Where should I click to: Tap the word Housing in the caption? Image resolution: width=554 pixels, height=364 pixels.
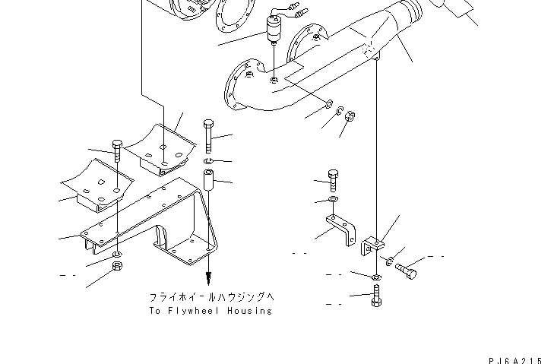[250, 311]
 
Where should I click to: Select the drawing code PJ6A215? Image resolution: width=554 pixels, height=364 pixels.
[515, 361]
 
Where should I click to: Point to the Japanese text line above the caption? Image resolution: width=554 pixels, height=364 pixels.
[211, 297]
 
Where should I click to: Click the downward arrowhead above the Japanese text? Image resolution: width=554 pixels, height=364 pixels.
[209, 278]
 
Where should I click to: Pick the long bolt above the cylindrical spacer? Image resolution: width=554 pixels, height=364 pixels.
[208, 136]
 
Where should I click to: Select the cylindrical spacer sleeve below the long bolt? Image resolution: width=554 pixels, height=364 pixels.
[208, 180]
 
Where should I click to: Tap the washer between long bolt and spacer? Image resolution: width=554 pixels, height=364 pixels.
[207, 162]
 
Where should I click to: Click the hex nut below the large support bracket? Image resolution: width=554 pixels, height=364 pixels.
[117, 266]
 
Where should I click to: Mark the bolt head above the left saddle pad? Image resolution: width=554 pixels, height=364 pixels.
[117, 144]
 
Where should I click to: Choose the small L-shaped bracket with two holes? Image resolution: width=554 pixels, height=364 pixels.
[340, 229]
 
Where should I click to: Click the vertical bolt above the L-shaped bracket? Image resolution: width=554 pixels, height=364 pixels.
[333, 181]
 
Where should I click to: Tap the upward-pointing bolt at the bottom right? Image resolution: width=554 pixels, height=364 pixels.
[376, 296]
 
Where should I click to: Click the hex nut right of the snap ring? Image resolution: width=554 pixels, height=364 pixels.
[350, 116]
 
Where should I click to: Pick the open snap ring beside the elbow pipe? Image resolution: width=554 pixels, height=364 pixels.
[340, 111]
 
